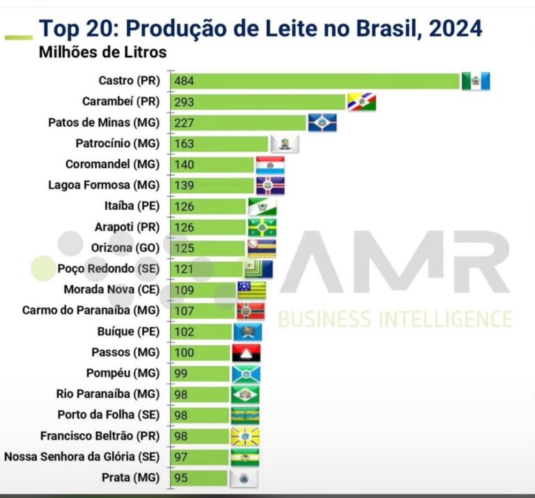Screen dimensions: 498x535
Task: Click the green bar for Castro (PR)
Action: pyautogui.click(x=317, y=81)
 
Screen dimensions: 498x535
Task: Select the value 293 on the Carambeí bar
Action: pyautogui.click(x=185, y=102)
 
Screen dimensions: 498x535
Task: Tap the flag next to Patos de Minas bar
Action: pyautogui.click(x=322, y=123)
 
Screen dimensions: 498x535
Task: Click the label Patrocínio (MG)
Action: pyautogui.click(x=118, y=144)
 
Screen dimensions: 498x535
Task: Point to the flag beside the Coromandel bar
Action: pyautogui.click(x=270, y=165)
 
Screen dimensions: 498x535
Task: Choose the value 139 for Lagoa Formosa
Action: pyautogui.click(x=185, y=186)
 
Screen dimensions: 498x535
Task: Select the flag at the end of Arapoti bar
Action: pyautogui.click(x=262, y=227)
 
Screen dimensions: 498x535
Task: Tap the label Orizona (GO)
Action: pyautogui.click(x=125, y=248)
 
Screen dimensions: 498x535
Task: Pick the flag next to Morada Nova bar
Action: pyautogui.click(x=251, y=289)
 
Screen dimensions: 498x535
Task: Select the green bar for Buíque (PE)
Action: pyautogui.click(x=203, y=331)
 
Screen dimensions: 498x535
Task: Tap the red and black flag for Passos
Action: pyautogui.click(x=247, y=352)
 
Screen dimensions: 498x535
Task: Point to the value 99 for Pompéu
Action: pyautogui.click(x=182, y=373)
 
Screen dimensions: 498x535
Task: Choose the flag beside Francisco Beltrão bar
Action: pyautogui.click(x=245, y=436)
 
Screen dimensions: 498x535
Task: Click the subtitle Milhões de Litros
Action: pyautogui.click(x=102, y=52)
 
